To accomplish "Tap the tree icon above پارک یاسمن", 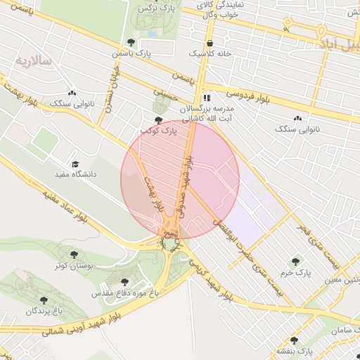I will (128, 42).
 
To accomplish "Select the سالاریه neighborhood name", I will (34, 61).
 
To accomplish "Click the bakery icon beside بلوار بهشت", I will (72, 92).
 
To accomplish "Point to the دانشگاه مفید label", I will (75, 173).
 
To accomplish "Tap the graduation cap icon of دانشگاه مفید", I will (75, 163).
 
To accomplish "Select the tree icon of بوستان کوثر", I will (74, 254).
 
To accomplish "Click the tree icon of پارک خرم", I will (295, 262).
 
